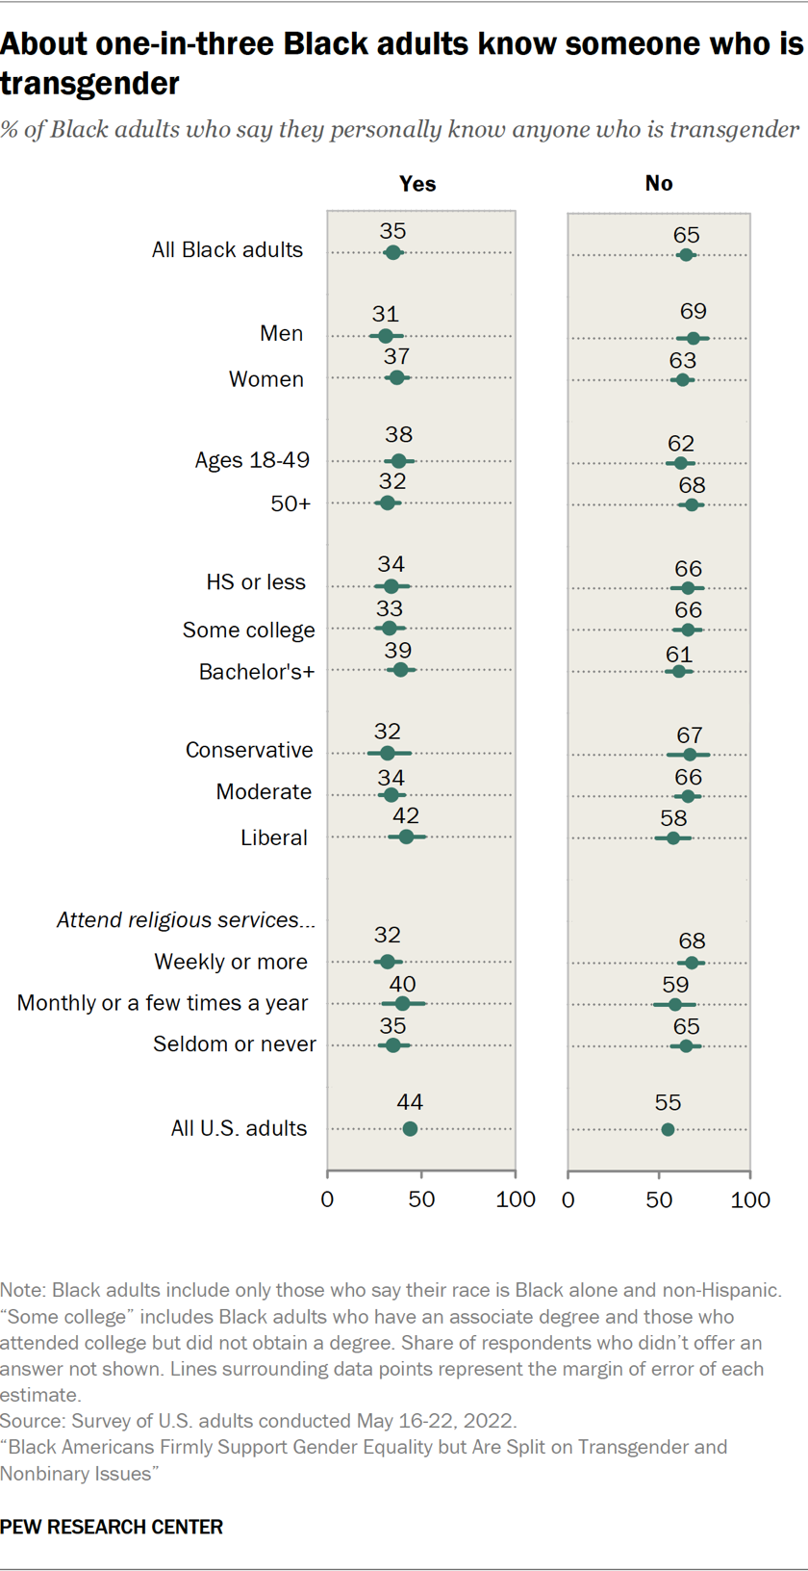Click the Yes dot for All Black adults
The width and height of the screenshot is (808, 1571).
coord(392,253)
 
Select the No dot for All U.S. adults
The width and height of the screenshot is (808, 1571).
coord(668,1129)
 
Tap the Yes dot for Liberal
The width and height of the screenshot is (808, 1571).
coord(406,837)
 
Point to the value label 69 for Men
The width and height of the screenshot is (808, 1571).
coord(693,311)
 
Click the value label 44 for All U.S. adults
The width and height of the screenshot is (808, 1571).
coord(410,1101)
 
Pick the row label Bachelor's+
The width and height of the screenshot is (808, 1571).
coord(256,672)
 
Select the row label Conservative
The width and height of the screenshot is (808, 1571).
coord(249,750)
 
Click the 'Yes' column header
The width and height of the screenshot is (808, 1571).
coord(417,183)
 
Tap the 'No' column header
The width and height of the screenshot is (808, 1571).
coord(659,183)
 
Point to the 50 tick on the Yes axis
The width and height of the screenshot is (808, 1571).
coord(421,1198)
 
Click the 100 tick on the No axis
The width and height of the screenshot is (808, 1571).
coord(750,1199)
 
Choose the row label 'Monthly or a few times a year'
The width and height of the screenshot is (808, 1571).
coord(163,1003)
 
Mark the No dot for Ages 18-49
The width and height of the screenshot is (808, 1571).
coord(680,463)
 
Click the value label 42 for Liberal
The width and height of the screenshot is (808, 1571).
coord(406,814)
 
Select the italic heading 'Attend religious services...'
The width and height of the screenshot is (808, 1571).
coord(186,919)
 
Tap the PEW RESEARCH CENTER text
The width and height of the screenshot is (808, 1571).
coord(112,1527)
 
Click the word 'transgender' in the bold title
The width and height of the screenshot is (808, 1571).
coord(89,84)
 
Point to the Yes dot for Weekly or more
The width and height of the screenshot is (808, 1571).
coord(388,962)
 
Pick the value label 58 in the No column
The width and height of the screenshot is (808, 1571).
coord(673,817)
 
